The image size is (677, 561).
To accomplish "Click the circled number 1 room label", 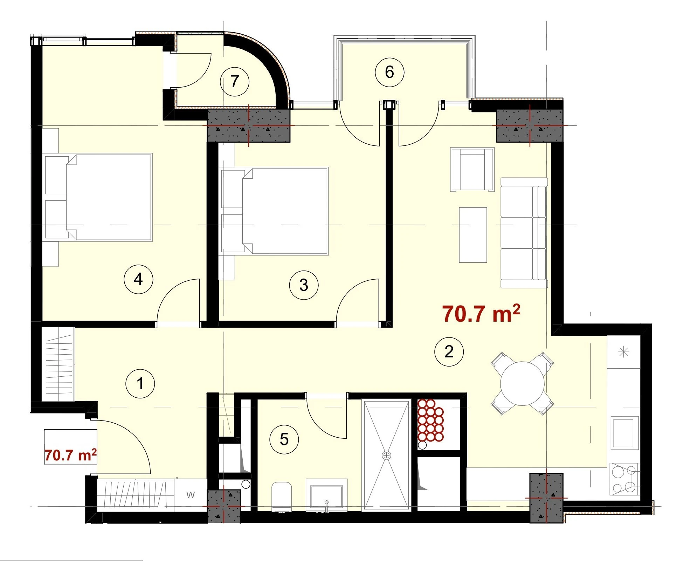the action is [x=140, y=384].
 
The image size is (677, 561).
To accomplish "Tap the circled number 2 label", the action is [x=449, y=352].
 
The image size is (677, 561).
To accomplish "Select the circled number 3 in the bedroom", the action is [x=304, y=285].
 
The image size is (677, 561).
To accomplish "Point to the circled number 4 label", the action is [x=138, y=279].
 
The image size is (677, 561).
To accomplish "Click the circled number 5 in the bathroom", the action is [x=284, y=439].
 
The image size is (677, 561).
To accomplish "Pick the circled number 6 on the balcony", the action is [x=389, y=72].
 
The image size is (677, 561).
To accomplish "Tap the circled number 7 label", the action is [x=235, y=82].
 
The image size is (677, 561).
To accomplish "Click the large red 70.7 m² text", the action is [x=481, y=313].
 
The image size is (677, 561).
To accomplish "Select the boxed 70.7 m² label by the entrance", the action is [x=70, y=455].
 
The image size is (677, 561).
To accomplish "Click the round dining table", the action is [x=522, y=384].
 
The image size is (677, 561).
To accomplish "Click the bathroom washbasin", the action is [x=326, y=495].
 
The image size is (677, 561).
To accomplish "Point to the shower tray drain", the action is [x=386, y=455].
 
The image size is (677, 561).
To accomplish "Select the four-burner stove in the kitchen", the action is [x=624, y=478].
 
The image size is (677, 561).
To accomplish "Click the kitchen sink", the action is [x=624, y=433].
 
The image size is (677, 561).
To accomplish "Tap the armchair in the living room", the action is [x=472, y=169].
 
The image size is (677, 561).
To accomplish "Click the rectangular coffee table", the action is [x=473, y=235].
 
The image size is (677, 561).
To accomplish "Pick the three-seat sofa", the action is [x=524, y=233].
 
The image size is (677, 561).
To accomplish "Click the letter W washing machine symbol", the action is [x=190, y=495].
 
